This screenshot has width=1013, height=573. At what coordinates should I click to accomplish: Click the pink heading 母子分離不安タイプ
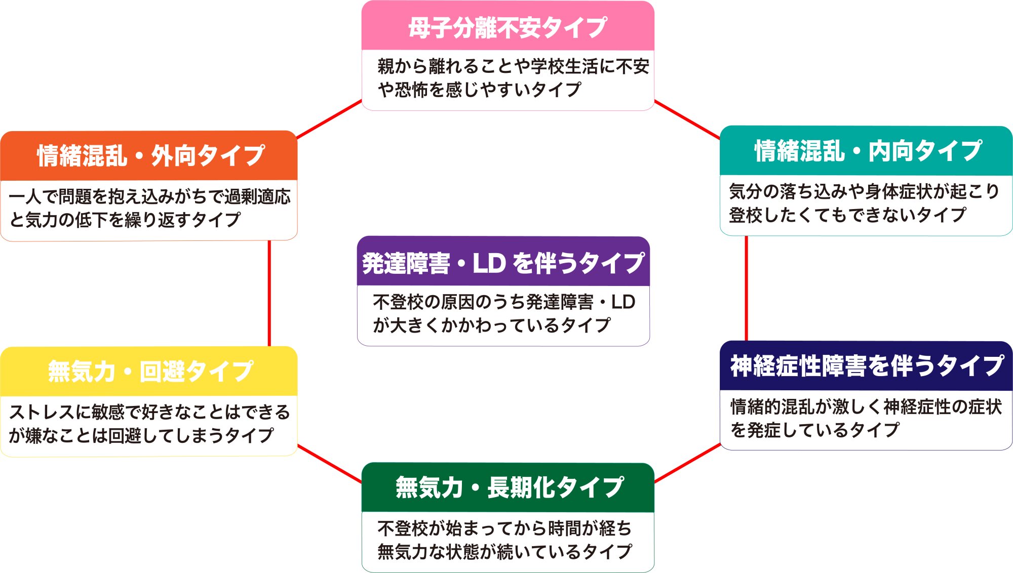click(x=508, y=27)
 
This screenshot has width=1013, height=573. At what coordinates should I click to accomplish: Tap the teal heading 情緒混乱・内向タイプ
click(x=868, y=151)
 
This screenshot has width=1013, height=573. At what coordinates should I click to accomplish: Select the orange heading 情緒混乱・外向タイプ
click(x=150, y=155)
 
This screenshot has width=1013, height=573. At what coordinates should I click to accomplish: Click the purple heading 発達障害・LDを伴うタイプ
click(x=503, y=263)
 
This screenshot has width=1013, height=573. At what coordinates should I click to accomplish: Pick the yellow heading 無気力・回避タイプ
click(x=150, y=371)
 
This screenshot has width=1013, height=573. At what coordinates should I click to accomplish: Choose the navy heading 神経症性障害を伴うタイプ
click(x=867, y=365)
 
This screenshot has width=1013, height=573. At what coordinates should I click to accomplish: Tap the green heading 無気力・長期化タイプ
click(x=509, y=487)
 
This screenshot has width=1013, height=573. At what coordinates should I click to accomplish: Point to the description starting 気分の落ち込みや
click(x=864, y=203)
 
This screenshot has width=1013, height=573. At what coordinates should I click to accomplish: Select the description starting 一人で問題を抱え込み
click(x=149, y=208)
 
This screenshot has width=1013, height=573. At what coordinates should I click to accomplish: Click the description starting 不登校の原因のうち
click(x=503, y=314)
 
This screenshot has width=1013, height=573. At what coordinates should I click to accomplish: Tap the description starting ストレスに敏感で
click(x=149, y=424)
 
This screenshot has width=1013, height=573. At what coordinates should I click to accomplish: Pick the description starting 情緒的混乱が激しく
click(x=865, y=418)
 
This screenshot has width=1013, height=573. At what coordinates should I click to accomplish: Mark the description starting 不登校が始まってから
click(x=504, y=540)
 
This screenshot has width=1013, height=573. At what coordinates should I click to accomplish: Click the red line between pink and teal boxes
click(x=687, y=119)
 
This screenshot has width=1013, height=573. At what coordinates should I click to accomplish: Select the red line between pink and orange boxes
click(x=329, y=119)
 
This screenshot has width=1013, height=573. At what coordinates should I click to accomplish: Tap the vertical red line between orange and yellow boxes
click(x=269, y=294)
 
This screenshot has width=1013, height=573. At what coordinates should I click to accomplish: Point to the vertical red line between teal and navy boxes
click(x=746, y=289)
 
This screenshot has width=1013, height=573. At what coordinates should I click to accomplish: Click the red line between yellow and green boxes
click(x=329, y=464)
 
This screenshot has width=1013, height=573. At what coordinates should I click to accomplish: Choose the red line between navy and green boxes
click(x=687, y=463)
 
